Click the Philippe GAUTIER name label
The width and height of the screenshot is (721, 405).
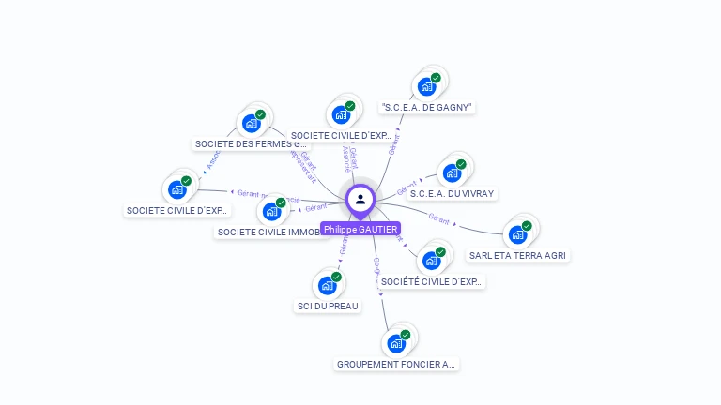click(x=360, y=229)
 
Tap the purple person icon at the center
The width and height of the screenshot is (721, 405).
click(x=360, y=199)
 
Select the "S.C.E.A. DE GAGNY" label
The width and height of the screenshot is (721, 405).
click(x=427, y=107)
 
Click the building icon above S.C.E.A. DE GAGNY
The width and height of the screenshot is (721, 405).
click(x=427, y=86)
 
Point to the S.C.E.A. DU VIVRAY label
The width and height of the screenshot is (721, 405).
click(x=453, y=193)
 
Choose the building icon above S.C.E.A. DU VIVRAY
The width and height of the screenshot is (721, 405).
click(x=453, y=172)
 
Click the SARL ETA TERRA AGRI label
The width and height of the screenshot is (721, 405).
click(x=518, y=254)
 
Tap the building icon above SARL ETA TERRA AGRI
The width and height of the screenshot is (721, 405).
click(x=518, y=233)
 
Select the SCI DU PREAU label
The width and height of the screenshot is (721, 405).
click(x=328, y=306)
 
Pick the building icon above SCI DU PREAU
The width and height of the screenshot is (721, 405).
click(x=328, y=285)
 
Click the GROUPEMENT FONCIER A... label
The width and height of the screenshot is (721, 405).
click(x=397, y=364)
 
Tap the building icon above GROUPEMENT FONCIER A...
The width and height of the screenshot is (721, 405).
click(x=397, y=343)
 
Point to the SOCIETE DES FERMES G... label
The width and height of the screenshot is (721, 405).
click(x=250, y=144)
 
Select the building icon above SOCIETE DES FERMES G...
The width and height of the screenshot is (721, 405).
click(x=252, y=123)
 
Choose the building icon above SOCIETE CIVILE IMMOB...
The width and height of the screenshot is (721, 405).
click(x=272, y=211)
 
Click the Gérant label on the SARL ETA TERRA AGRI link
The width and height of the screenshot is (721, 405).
click(x=439, y=217)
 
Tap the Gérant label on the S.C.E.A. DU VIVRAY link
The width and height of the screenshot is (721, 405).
click(x=407, y=184)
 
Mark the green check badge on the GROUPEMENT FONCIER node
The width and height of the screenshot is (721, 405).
click(x=406, y=335)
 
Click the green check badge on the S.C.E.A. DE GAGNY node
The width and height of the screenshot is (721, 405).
click(x=436, y=78)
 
